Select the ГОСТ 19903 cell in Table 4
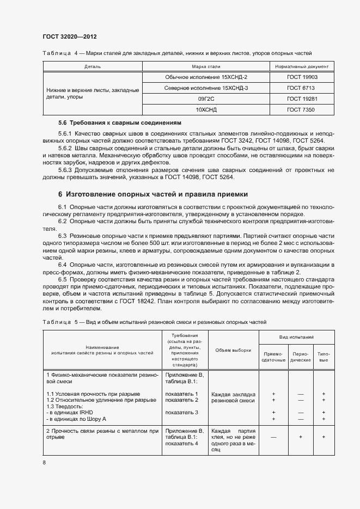coord(302,77)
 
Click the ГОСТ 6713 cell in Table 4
coord(302,88)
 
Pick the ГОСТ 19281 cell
coord(302,99)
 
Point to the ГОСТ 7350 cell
coord(302,109)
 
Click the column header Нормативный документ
coord(302,66)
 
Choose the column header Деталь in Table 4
coord(93,66)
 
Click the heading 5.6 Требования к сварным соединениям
coord(119,123)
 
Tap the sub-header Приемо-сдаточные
coord(273,357)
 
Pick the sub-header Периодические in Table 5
coord(300,357)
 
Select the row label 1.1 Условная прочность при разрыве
coord(93,394)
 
